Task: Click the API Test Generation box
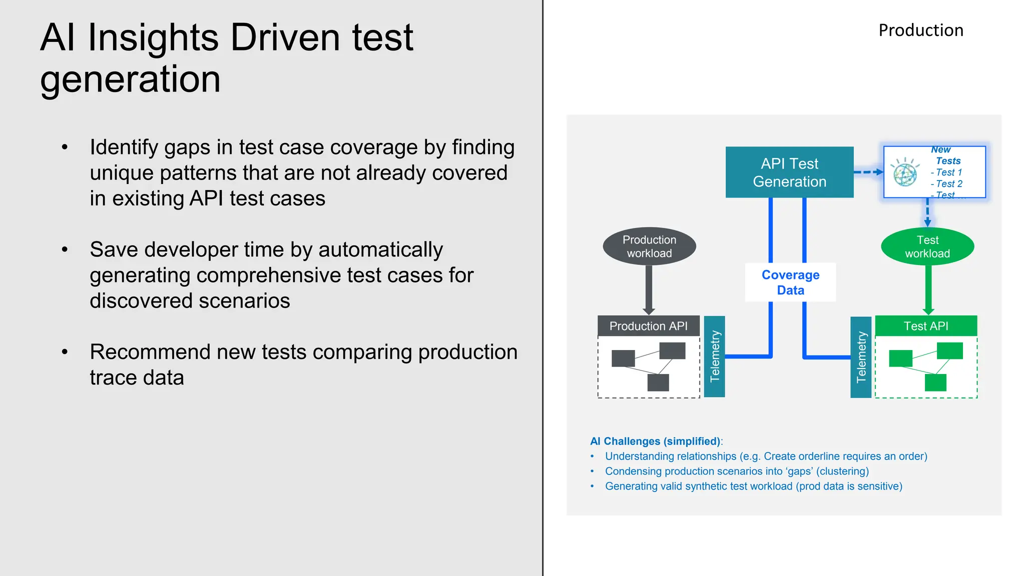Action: click(789, 172)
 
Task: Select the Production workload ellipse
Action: click(649, 246)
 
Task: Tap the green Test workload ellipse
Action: click(927, 246)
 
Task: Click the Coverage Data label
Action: click(790, 282)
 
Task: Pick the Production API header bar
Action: click(648, 326)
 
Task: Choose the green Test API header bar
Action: click(926, 326)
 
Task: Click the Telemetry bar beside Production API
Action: click(714, 356)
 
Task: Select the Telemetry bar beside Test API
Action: click(861, 357)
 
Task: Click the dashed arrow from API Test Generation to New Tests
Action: click(868, 172)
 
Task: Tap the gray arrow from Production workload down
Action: click(649, 289)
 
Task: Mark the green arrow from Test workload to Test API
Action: click(928, 289)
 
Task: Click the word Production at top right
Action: click(921, 30)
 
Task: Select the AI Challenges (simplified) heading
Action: click(656, 441)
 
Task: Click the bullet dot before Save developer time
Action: click(65, 249)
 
